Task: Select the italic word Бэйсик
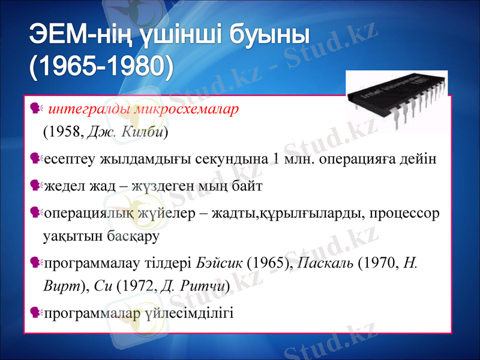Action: (x=220, y=263)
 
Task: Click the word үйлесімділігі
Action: (x=190, y=313)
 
